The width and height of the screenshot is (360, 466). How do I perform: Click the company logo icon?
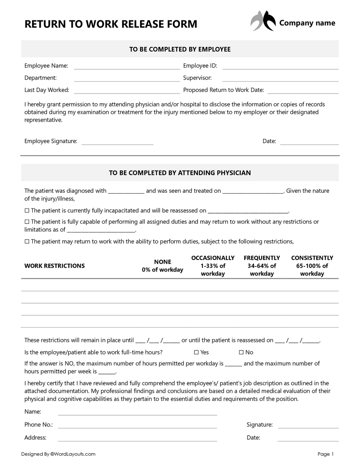tap(263, 21)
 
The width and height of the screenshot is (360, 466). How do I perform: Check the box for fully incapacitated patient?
tap(27, 210)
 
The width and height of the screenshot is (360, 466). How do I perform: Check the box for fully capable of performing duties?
tap(27, 222)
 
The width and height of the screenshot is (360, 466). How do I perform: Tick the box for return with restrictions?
tap(27, 242)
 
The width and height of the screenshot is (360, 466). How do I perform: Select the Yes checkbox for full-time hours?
tap(196, 352)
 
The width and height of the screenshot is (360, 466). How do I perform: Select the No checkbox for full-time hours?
tap(241, 352)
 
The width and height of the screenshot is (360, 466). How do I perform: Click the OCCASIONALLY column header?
tap(213, 266)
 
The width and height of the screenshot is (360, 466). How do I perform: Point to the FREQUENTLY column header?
tap(262, 266)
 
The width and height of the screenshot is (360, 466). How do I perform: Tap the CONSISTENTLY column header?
tap(312, 266)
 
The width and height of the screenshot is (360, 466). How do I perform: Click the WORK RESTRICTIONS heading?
tap(54, 266)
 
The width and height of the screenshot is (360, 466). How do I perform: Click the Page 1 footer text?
tap(325, 454)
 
